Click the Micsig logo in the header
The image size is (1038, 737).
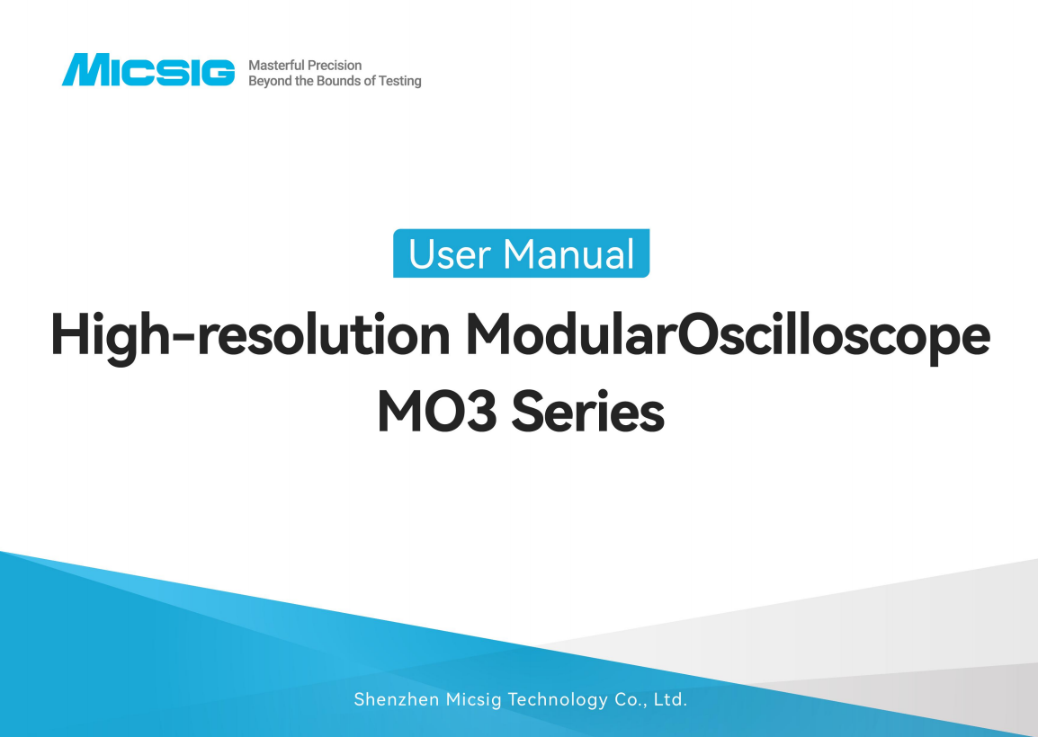tap(148, 71)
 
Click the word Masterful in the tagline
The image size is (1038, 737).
tap(276, 65)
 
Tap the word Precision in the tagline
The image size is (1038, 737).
tap(335, 65)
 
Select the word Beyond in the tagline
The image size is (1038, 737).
tap(269, 81)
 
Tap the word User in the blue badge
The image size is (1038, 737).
tap(450, 254)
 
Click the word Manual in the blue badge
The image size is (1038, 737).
tap(569, 254)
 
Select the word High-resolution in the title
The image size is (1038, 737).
tap(249, 336)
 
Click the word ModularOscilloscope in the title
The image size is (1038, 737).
tap(728, 336)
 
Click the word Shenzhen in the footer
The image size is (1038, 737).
tap(396, 699)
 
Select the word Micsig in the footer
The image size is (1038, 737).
tap(474, 699)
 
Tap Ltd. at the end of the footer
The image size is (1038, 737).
tap(670, 699)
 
